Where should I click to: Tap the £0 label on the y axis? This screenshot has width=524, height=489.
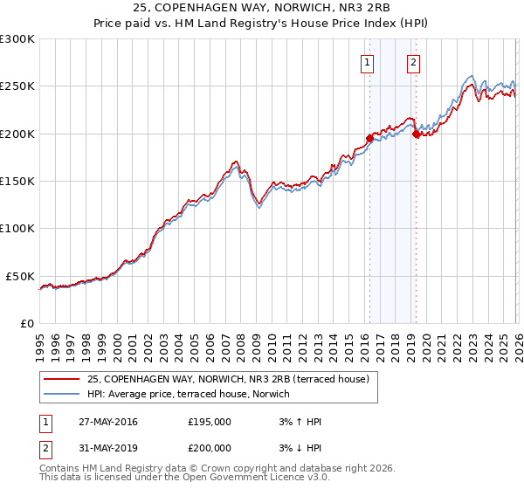[x=26, y=323]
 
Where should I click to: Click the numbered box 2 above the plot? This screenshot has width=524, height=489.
[x=412, y=62]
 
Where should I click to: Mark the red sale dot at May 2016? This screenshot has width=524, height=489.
[x=369, y=138]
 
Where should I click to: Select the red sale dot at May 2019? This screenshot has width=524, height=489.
[x=416, y=134]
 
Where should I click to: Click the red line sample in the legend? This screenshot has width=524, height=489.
[x=61, y=379]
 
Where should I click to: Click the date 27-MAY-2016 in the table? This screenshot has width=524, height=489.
[x=107, y=422]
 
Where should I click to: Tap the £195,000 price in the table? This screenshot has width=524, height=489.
[x=209, y=422]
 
